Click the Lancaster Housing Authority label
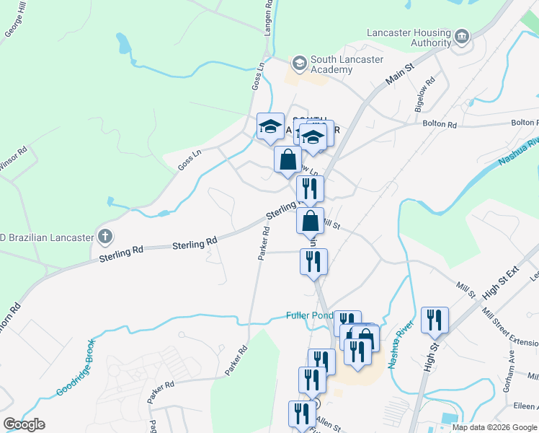409,38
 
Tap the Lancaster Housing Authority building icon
462,37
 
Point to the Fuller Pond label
308,315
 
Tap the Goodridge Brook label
75,368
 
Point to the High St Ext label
501,283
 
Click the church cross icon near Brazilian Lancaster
105,236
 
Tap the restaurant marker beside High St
435,320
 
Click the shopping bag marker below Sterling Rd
310,221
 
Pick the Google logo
24,424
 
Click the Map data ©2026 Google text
494,427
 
